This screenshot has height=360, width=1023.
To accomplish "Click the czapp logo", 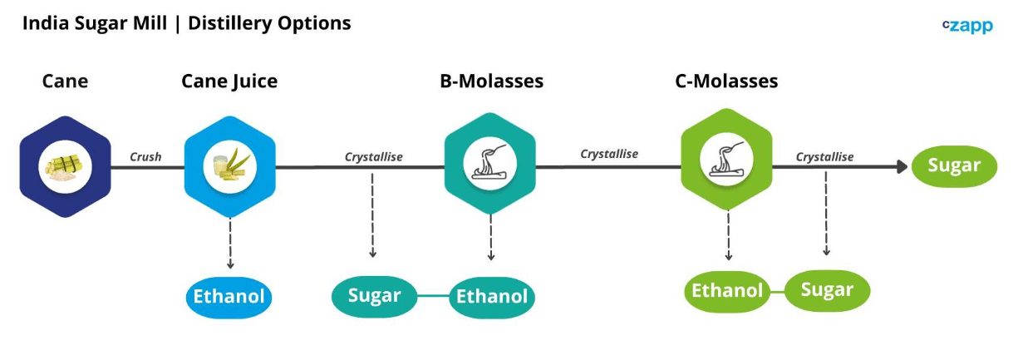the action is coord(967,26).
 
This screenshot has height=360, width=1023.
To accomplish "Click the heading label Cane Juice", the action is coord(229,81).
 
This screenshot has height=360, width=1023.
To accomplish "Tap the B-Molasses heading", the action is coord(491,81).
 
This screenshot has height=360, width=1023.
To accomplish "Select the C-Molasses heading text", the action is coord(726,81).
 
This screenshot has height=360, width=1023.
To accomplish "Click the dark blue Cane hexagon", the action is coord(66,167).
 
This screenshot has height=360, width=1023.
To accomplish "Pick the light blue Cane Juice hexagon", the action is coord(229,167).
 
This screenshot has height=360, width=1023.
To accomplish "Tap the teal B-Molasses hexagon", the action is coord(490,164).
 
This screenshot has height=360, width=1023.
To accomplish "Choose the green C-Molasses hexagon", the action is coord(726,160).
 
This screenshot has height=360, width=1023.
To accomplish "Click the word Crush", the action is coord(145,156).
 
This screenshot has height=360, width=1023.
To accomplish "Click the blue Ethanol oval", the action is coord(229,297).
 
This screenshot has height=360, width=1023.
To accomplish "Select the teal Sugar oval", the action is coord(375,296).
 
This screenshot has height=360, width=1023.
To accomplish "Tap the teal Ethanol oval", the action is coord(492,297).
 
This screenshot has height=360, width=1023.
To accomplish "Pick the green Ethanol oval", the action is coord(727,291).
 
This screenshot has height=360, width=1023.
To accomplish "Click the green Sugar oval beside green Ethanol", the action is coord(827,290).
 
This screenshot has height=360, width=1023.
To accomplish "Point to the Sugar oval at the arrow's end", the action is coord(955,165).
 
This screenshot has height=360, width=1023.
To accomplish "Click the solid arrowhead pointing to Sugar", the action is coord(903,167).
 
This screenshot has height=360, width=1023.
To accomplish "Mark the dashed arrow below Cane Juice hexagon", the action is coord(230,243).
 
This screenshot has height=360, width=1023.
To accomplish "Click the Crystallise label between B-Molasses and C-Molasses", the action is coord(609,154).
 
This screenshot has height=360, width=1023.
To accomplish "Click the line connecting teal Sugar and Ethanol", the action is coord(434,296).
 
